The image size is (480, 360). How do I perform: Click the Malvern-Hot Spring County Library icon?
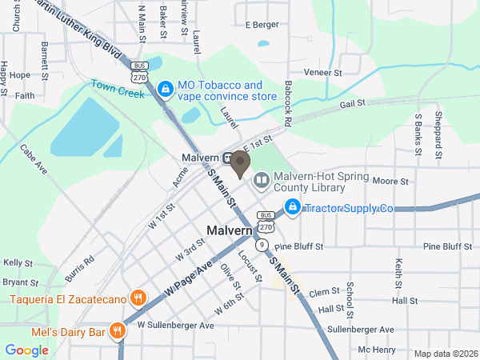(262, 182)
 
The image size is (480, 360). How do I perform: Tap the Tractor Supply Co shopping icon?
(293, 208)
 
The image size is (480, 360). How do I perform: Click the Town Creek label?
(117, 88)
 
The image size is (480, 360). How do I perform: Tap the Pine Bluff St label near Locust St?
(298, 247)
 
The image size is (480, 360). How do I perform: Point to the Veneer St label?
(322, 73)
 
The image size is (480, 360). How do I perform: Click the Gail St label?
(352, 103)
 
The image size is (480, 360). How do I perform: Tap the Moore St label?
(390, 182)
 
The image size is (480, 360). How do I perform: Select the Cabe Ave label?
(34, 158)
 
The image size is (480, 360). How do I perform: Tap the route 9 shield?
(262, 245)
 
